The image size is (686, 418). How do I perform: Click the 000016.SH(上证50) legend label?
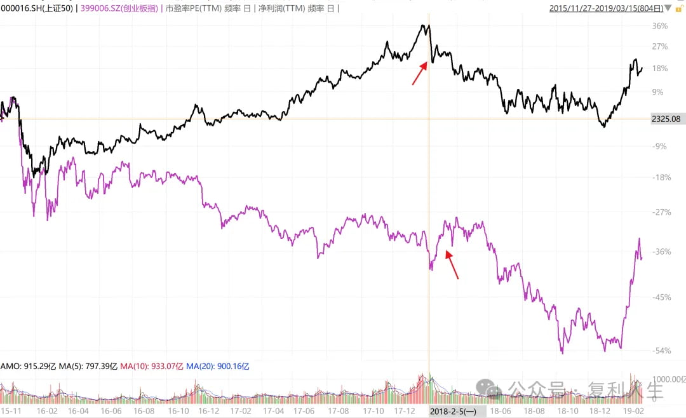click(37, 8)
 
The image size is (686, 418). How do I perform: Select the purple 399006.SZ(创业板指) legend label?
click(119, 8)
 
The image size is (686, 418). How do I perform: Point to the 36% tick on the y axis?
click(660, 26)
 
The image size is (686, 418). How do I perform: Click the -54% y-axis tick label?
click(661, 351)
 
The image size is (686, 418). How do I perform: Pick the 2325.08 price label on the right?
click(666, 119)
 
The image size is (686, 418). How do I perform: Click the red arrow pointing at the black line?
click(420, 73)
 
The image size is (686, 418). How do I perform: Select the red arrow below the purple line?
click(452, 264)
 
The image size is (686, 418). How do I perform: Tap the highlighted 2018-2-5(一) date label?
click(454, 411)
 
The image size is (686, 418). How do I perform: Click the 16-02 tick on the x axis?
click(47, 411)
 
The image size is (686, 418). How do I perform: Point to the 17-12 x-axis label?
click(404, 411)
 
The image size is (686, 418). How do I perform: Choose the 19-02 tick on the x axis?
click(633, 411)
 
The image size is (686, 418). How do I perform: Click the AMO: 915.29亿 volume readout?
click(29, 367)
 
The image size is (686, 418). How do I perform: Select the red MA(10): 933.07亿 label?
click(151, 367)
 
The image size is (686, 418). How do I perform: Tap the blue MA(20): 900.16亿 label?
click(217, 367)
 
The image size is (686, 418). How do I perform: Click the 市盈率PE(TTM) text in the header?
click(193, 8)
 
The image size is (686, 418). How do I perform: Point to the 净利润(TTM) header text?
click(282, 8)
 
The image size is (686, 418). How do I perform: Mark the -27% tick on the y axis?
click(661, 212)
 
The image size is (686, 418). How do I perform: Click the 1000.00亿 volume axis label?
click(669, 379)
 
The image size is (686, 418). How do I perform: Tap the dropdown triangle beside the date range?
click(668, 8)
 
